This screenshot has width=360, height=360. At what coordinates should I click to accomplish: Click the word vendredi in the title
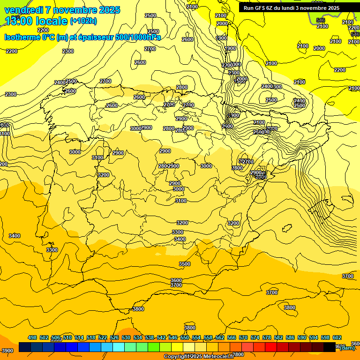point(23,10)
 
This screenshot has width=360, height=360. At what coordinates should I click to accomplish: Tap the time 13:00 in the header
point(18,21)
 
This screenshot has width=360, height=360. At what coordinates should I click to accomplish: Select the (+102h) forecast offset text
point(83,21)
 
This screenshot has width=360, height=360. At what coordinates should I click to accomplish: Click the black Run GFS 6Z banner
point(291,8)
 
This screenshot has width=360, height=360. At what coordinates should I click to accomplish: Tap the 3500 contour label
point(185,264)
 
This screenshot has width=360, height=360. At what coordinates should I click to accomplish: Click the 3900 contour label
point(7,351)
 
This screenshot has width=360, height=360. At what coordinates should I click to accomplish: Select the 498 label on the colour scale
point(32,337)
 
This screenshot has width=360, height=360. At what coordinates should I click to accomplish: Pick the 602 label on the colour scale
point(337,337)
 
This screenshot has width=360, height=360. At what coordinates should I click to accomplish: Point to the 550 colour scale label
point(185,337)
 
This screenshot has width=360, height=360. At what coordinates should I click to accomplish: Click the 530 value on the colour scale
point(126,337)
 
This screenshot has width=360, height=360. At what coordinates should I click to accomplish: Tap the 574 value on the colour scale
point(255,337)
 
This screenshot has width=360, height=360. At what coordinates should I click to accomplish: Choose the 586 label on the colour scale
point(290,337)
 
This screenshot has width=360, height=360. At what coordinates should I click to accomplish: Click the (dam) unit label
point(347,348)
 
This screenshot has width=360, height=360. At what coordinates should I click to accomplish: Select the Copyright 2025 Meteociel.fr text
point(198,356)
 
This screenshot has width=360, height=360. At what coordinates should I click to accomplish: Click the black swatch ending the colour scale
point(330,347)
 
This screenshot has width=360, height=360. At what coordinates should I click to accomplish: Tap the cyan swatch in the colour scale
point(119,347)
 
